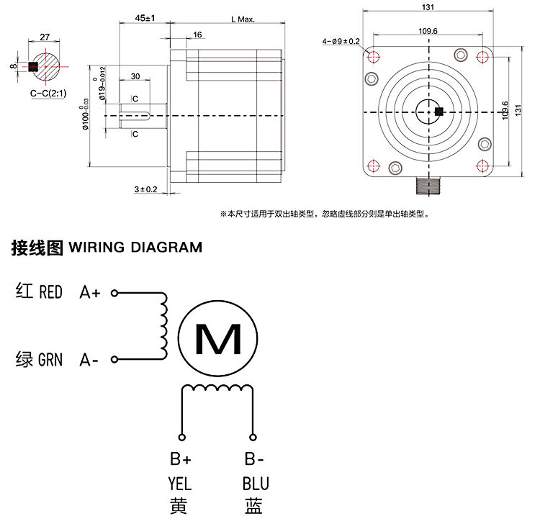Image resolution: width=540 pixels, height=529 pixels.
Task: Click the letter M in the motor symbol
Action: tap(219, 338)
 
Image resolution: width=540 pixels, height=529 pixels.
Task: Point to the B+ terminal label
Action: tap(180, 459)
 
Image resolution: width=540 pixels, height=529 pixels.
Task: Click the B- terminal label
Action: tap(253, 459)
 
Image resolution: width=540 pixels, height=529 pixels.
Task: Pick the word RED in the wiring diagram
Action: tap(50, 292)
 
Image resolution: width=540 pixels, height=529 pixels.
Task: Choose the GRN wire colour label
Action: tap(50, 358)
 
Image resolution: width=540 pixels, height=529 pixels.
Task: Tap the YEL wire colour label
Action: tap(180, 483)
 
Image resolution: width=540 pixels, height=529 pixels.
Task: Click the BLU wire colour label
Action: tap(255, 483)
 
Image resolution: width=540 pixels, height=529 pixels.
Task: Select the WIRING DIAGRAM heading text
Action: tap(135, 248)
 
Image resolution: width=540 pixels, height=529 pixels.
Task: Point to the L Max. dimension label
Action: tap(243, 19)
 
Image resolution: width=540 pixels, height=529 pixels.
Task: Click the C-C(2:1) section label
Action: tap(45, 94)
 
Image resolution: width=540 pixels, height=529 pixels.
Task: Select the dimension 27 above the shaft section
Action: tap(44, 36)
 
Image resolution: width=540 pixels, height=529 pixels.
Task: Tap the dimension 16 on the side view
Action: tap(198, 35)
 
